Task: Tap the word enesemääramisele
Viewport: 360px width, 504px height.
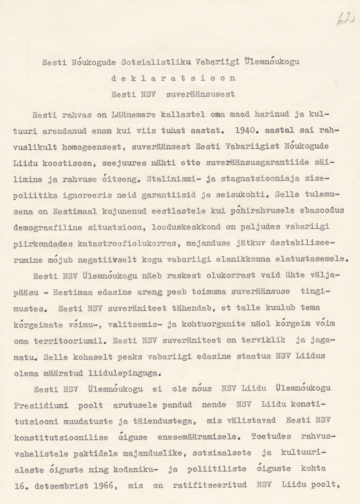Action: tap(199, 437)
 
